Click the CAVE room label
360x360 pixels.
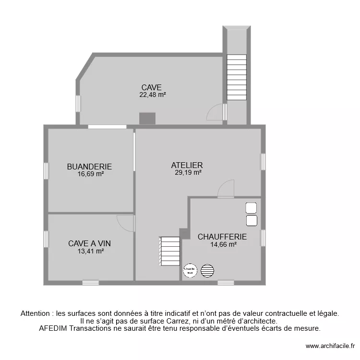pyautogui.click(x=151, y=87)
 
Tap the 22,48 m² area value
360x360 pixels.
pyautogui.click(x=153, y=95)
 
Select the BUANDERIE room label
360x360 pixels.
pyautogui.click(x=89, y=167)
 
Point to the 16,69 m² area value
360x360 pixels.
pyautogui.click(x=91, y=174)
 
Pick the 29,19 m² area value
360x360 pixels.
pyautogui.click(x=188, y=173)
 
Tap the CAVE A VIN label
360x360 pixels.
pyautogui.click(x=89, y=243)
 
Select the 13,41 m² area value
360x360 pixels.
pyautogui.click(x=91, y=251)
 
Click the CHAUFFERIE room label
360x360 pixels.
pyautogui.click(x=222, y=237)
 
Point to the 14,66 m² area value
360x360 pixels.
pyautogui.click(x=224, y=244)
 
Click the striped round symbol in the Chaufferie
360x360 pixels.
pyautogui.click(x=207, y=271)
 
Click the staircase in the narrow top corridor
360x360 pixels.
pyautogui.click(x=237, y=77)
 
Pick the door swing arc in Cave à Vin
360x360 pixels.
pyautogui.click(x=126, y=223)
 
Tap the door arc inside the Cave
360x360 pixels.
pyautogui.click(x=215, y=112)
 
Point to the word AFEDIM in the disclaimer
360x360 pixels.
pyautogui.click(x=53, y=329)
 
